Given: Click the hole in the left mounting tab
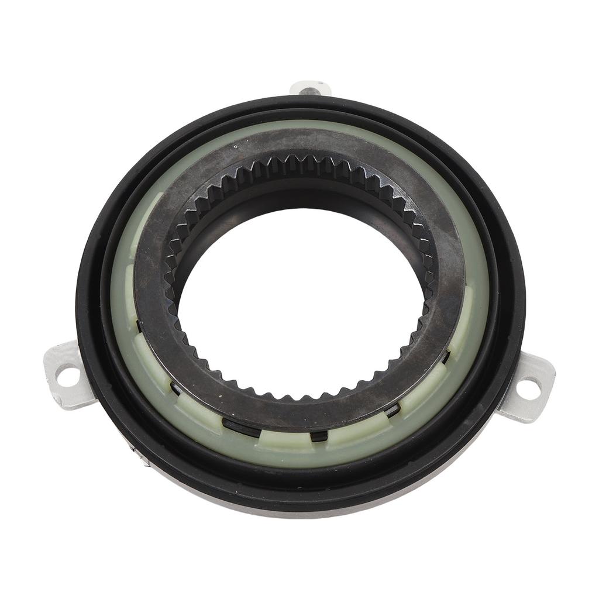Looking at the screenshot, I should pyautogui.click(x=68, y=374).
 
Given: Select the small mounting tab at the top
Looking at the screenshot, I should pyautogui.click(x=310, y=88).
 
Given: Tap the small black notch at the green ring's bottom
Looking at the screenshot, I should pyautogui.click(x=319, y=436).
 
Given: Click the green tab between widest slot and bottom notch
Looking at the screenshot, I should pyautogui.click(x=281, y=439).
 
